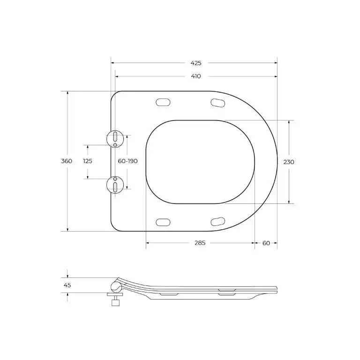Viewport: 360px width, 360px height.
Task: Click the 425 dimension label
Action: tap(196, 63)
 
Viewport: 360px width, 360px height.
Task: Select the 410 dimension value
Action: tap(196, 76)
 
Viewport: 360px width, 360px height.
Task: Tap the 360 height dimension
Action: tap(67, 161)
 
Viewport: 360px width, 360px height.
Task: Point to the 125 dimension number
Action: tap(88, 161)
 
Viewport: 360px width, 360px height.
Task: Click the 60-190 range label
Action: tap(127, 161)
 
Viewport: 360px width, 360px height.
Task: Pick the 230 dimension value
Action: tap(289, 162)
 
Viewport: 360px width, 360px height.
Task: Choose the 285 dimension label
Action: tap(200, 243)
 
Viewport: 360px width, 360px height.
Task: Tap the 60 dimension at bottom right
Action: tap(266, 243)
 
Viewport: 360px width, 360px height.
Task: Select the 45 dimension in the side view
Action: tap(67, 285)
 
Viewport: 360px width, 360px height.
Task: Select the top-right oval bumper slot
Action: tap(218, 102)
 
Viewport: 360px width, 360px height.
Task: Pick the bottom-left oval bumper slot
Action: tap(163, 221)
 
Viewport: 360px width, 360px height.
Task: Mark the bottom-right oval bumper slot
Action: tap(218, 221)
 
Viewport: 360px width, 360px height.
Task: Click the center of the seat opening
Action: tap(200, 162)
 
